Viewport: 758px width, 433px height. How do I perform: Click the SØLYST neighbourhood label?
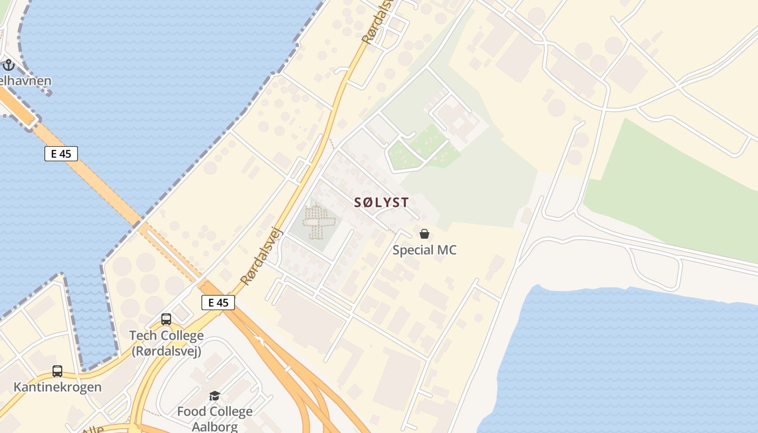[381, 202]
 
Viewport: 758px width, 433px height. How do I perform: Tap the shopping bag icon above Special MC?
[424, 234]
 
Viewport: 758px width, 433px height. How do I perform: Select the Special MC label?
[424, 250]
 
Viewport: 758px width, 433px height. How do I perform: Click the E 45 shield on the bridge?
[61, 154]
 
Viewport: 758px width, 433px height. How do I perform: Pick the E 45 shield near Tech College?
[218, 303]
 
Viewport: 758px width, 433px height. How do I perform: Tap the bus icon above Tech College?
[166, 319]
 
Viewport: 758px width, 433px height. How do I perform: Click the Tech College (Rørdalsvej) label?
[166, 343]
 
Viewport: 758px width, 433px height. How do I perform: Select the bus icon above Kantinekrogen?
[57, 371]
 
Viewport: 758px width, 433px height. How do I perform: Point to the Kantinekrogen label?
[57, 387]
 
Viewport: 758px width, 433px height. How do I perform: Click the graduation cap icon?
[215, 396]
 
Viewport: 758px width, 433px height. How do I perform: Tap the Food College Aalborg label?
[215, 418]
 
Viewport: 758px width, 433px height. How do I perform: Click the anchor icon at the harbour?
[8, 65]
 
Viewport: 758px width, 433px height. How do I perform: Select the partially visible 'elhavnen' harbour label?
[25, 81]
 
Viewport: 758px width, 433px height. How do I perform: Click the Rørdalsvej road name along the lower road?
[262, 256]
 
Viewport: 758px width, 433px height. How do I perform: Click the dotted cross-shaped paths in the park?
[318, 221]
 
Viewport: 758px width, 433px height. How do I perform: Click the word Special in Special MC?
[412, 250]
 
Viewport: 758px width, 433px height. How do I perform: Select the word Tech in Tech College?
[141, 336]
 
